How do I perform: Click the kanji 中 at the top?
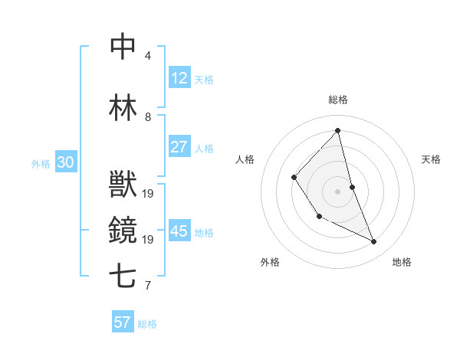pos(123,47)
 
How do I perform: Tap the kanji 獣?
pos(123,184)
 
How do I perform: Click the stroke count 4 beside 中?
pos(148,56)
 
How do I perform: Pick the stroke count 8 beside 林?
pos(148,117)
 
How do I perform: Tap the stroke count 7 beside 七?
pos(148,286)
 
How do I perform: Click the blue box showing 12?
pos(179,78)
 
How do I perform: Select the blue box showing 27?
pos(179,147)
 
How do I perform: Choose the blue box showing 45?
pos(179,231)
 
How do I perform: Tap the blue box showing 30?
pos(65,162)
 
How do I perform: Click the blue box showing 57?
pos(122,322)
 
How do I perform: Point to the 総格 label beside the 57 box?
pos(147,324)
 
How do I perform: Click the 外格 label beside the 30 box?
pos(41,164)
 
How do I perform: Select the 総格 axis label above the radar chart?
pos(337,100)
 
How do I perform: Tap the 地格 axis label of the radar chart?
pos(402,262)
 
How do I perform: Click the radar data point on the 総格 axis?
pos(337,131)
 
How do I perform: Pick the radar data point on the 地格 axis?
pos(374,241)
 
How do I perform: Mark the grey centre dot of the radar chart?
pos(337,191)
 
